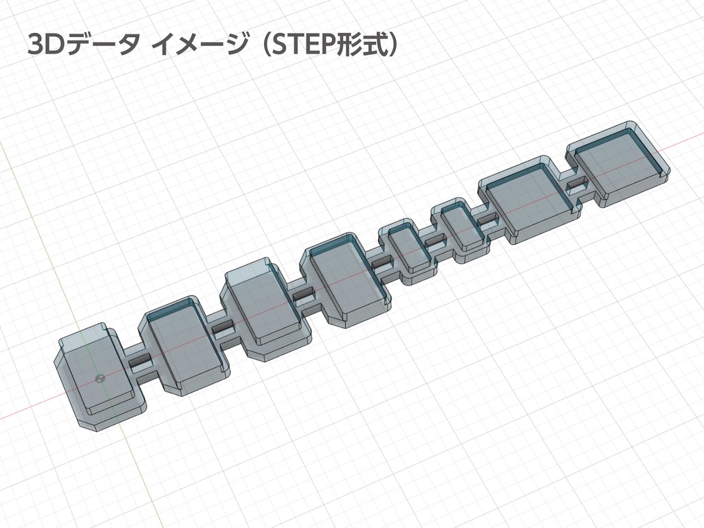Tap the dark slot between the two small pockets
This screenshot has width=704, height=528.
(435, 242)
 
